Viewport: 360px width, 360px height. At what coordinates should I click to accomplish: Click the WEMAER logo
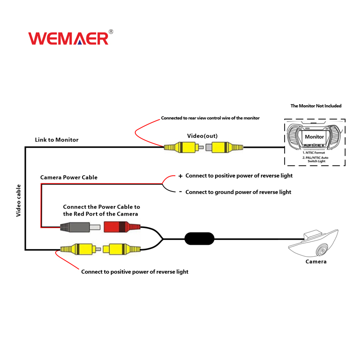pyautogui.click(x=69, y=38)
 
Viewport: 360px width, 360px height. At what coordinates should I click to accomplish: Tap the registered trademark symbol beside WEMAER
pyautogui.click(x=111, y=32)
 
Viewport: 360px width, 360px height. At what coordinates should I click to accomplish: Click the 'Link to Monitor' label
pyautogui.click(x=57, y=140)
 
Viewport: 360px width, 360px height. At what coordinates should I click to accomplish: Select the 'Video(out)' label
pyautogui.click(x=202, y=136)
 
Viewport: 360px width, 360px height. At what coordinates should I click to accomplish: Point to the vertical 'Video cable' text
pyautogui.click(x=19, y=200)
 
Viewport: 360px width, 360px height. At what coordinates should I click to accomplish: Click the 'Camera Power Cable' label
pyautogui.click(x=69, y=177)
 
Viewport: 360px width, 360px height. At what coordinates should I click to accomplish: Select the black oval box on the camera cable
pyautogui.click(x=199, y=238)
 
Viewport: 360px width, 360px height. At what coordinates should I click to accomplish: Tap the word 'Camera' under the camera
pyautogui.click(x=316, y=262)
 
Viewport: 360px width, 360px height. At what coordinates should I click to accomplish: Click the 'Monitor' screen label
pyautogui.click(x=315, y=137)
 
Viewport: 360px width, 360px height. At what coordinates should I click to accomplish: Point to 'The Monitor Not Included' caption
pyautogui.click(x=316, y=106)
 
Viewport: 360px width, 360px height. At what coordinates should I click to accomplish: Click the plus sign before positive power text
pyautogui.click(x=180, y=176)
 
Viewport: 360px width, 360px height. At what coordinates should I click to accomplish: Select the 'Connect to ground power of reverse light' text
pyautogui.click(x=238, y=192)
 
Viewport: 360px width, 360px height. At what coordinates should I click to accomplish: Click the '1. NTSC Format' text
pyautogui.click(x=314, y=152)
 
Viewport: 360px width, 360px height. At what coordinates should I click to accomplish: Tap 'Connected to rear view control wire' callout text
pyautogui.click(x=210, y=118)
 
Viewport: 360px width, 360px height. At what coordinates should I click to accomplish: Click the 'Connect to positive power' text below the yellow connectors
pyautogui.click(x=134, y=272)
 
